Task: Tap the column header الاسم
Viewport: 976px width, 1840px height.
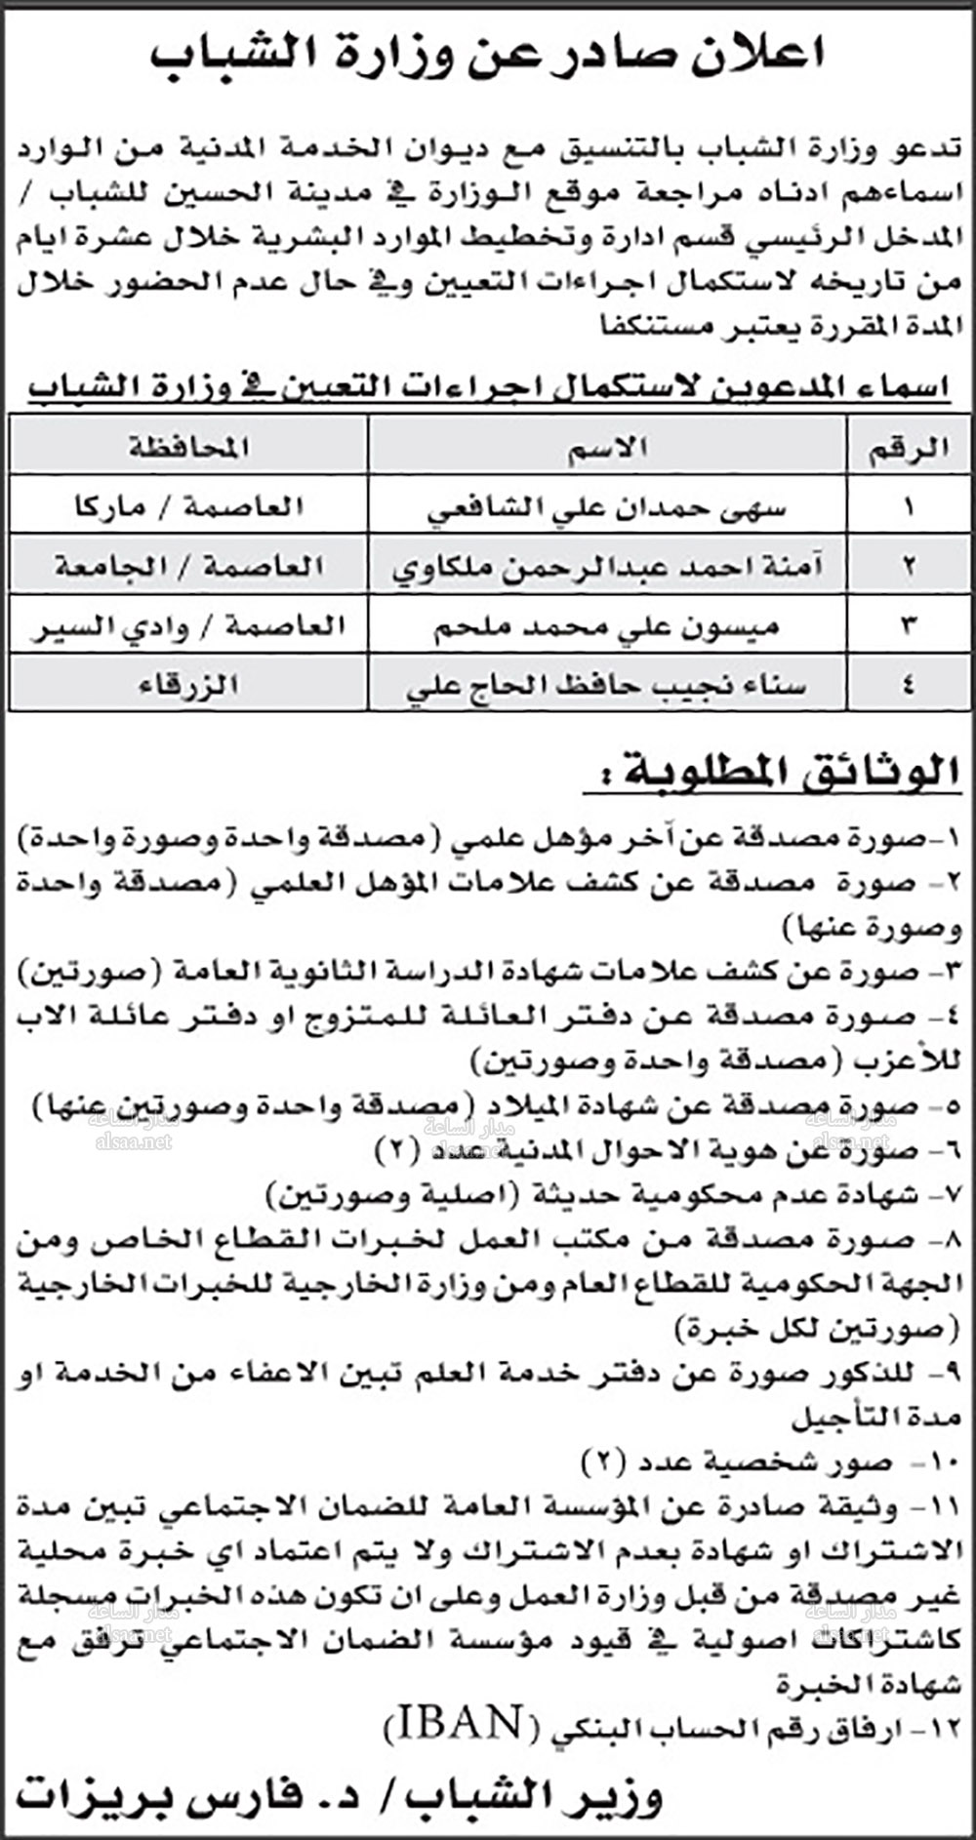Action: click(606, 448)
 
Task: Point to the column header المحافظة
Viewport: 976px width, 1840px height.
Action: click(188, 448)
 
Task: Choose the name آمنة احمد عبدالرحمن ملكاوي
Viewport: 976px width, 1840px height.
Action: click(607, 567)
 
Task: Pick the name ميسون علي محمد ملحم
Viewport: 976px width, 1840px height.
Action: click(606, 625)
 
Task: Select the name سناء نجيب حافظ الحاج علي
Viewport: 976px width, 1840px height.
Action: click(606, 686)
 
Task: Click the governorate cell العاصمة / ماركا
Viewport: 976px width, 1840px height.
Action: click(189, 507)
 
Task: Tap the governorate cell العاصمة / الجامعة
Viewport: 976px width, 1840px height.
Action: click(189, 567)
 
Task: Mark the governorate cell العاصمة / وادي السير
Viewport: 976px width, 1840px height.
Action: click(189, 625)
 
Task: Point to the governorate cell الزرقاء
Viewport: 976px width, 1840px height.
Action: click(189, 686)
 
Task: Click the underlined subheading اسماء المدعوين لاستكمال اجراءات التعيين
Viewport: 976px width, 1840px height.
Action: click(488, 387)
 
